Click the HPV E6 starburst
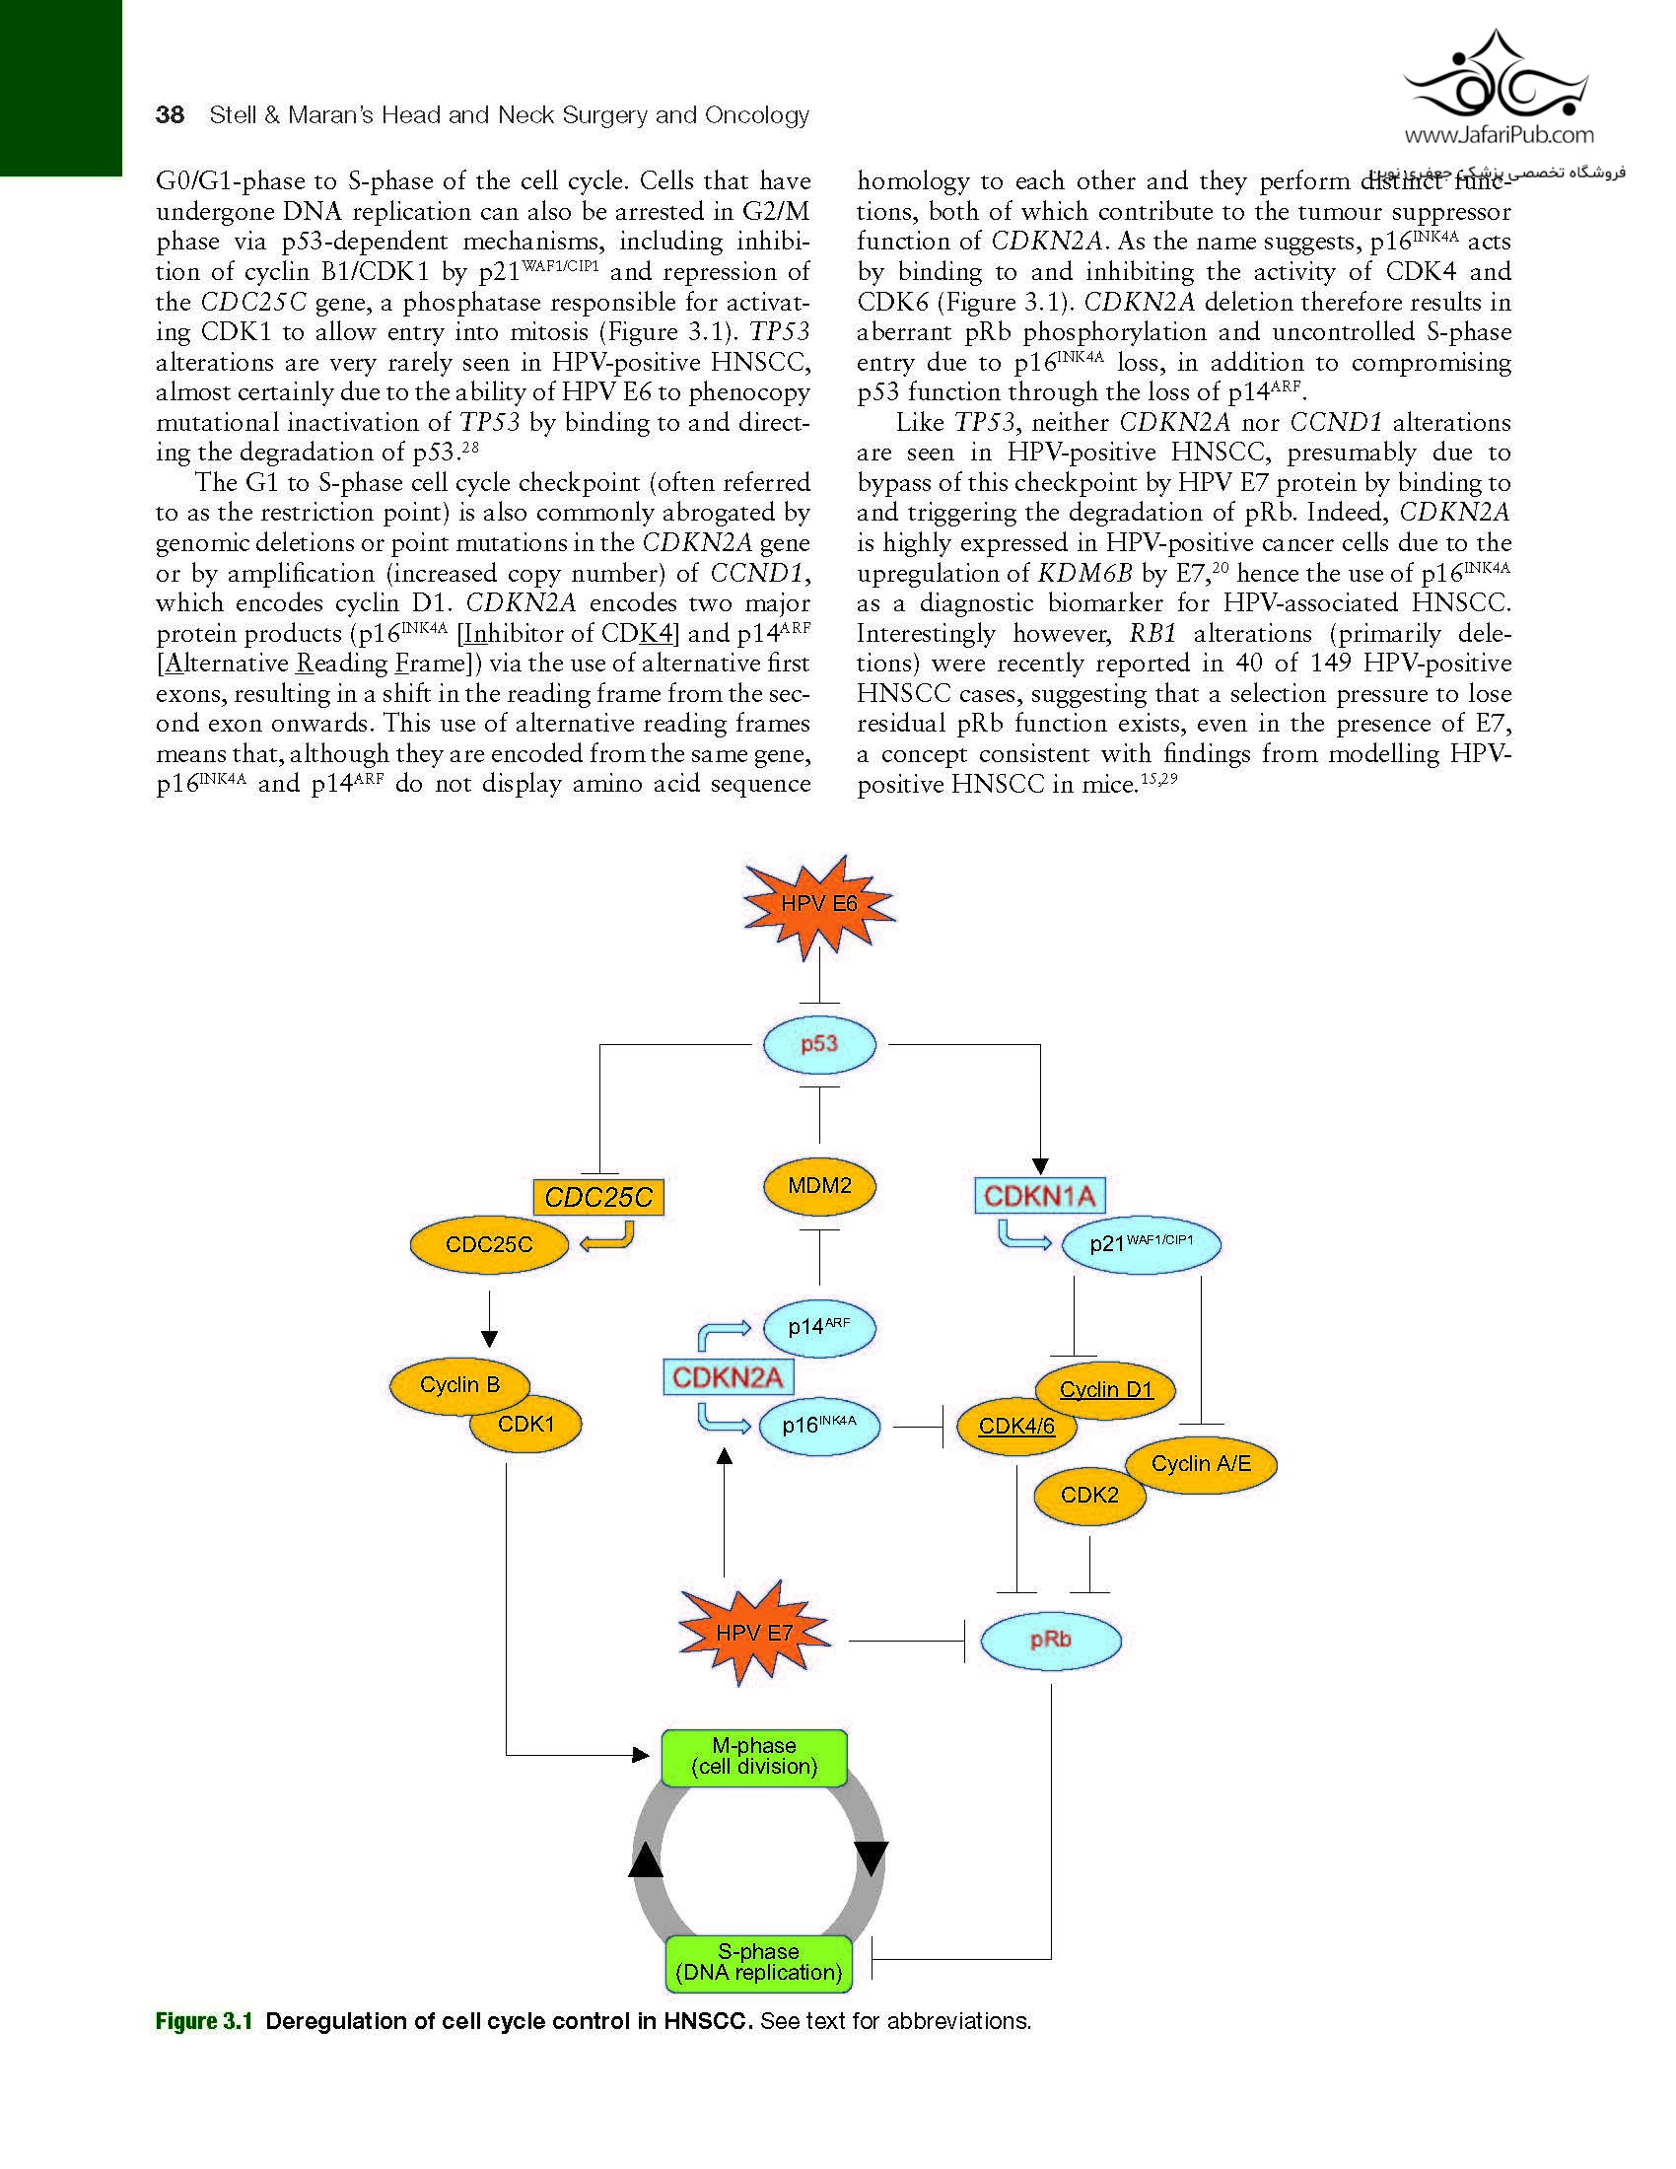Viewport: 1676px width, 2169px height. tap(819, 905)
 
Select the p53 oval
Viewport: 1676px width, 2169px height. tap(819, 1044)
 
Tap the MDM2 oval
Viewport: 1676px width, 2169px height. tap(819, 1185)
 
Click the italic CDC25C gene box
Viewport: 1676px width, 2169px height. tap(597, 1197)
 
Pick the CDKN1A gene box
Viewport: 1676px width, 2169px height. tap(1038, 1196)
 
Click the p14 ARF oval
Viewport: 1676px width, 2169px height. tap(819, 1326)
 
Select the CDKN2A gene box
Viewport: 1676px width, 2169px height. tap(728, 1377)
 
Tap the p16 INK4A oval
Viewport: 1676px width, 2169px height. tap(819, 1426)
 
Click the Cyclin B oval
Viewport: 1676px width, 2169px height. tap(458, 1384)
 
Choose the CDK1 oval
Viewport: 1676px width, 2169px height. tap(526, 1425)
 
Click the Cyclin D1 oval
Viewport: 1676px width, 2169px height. tap(1106, 1389)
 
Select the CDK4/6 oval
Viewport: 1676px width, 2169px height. tap(1015, 1427)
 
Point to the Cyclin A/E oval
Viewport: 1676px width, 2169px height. tap(1202, 1464)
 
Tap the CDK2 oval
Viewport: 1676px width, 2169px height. tap(1089, 1495)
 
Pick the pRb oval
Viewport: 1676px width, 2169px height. tap(1051, 1640)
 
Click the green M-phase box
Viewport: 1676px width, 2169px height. tap(753, 1757)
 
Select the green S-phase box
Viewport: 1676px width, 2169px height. tap(758, 1962)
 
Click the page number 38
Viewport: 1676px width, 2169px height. tap(170, 115)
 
